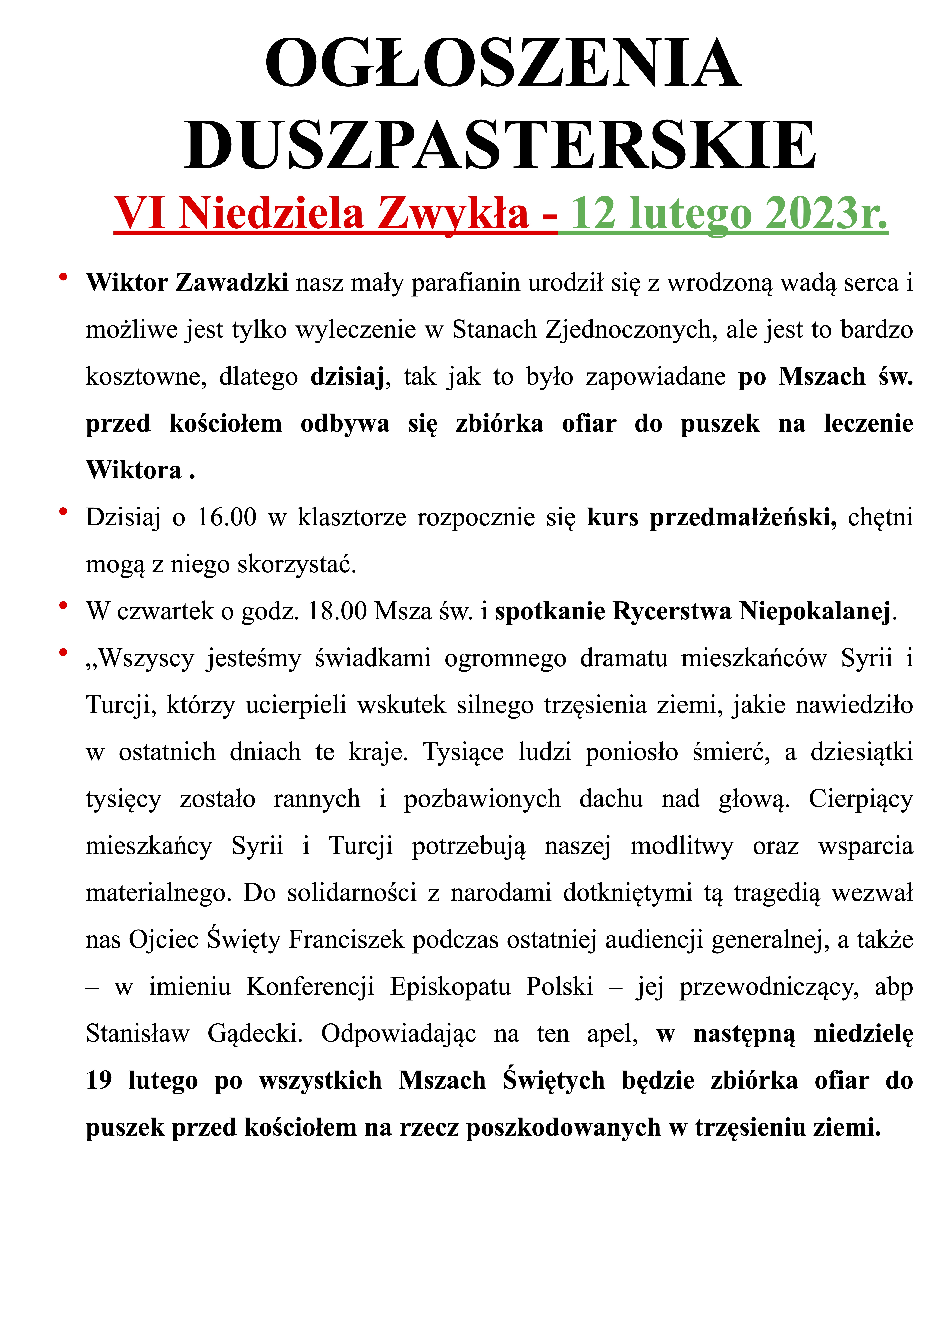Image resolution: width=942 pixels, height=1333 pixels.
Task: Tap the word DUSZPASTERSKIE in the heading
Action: click(500, 145)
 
